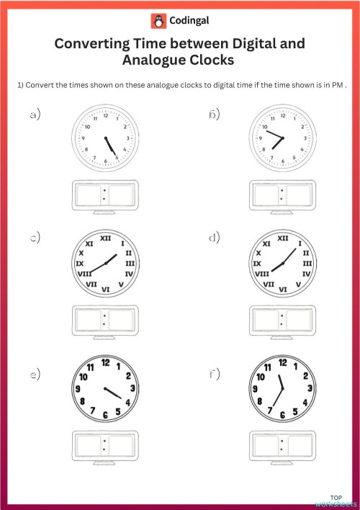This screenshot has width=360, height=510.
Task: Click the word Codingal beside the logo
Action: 189,22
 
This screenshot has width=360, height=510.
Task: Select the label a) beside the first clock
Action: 34,115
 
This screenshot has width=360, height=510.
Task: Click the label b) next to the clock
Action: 214,115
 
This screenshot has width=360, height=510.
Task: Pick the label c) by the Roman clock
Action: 34,237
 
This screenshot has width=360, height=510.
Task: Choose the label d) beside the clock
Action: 214,237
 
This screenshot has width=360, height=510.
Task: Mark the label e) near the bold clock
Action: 34,374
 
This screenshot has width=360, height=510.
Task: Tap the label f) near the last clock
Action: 214,374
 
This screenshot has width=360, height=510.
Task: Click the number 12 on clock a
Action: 106,115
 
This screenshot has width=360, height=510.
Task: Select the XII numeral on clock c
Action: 106,238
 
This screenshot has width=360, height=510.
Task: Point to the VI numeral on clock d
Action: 282,289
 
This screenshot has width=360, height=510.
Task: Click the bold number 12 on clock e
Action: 106,362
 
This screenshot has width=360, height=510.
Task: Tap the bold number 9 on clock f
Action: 256,389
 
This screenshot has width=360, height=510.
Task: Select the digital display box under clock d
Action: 282,318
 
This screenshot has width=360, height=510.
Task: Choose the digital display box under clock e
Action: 105,444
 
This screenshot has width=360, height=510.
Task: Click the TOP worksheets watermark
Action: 335,501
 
